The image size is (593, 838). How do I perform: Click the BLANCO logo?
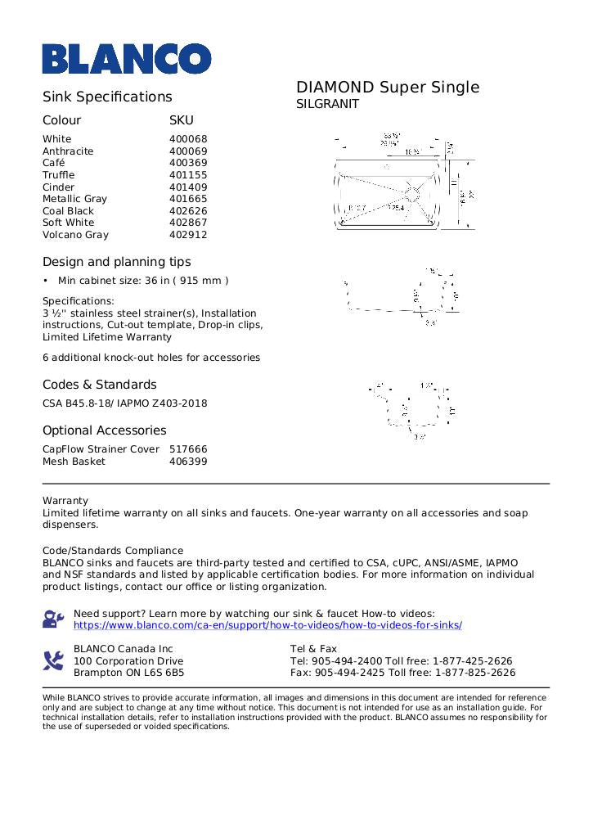coord(127,59)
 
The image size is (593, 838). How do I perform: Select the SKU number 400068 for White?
coord(188,139)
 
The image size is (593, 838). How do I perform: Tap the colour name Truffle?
coord(58,175)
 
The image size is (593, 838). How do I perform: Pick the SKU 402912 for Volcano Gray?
coord(188,235)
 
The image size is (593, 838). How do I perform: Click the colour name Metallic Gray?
coord(74,199)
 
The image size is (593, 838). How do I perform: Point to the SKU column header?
coord(181,120)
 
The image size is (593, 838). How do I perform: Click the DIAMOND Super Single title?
coord(387,88)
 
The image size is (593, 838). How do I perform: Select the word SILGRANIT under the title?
coord(327,105)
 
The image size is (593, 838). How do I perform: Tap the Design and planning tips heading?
coord(117,262)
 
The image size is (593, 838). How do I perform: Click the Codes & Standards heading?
coord(100,385)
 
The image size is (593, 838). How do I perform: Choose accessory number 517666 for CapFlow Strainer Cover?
coord(188,449)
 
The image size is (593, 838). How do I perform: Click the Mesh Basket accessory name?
coord(74,462)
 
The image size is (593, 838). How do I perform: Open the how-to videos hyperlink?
coord(267,625)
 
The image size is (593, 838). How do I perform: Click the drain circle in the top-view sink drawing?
coord(412,194)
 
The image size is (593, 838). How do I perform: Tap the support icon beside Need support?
coord(53,619)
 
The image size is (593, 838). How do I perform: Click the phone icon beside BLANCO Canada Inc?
coord(53,660)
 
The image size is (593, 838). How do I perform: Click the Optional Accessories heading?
coord(104,430)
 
